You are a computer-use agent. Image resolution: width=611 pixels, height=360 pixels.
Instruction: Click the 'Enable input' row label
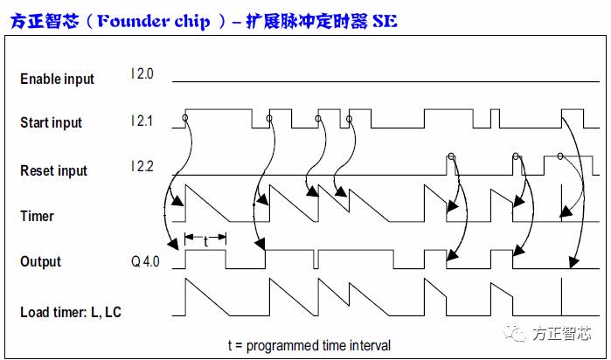[x=57, y=80]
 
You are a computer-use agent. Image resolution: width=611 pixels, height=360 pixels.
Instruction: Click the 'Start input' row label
[x=51, y=123]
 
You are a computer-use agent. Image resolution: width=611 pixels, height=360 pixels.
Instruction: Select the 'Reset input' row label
[x=53, y=171]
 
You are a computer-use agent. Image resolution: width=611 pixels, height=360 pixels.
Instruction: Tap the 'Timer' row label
[x=37, y=216]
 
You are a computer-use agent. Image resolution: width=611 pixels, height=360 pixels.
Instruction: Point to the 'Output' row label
[x=40, y=262]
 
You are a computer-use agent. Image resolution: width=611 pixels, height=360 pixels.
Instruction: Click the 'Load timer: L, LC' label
[x=70, y=312]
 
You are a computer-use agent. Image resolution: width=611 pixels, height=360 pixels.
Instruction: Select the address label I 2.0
[x=142, y=75]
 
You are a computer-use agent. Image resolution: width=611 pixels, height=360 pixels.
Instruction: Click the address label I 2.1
[x=142, y=121]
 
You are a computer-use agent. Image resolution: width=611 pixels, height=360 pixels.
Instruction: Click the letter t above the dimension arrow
[x=205, y=242]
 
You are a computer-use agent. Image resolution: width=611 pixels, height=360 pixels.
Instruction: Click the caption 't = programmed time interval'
[x=309, y=345]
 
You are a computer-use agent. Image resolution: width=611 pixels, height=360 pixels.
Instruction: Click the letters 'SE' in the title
[x=384, y=20]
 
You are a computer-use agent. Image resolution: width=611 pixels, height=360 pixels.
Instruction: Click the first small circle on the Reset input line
[x=451, y=156]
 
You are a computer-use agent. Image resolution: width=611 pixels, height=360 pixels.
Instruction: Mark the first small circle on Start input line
[x=184, y=117]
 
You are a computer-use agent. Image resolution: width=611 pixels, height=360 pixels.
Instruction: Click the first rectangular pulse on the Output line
[x=205, y=259]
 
